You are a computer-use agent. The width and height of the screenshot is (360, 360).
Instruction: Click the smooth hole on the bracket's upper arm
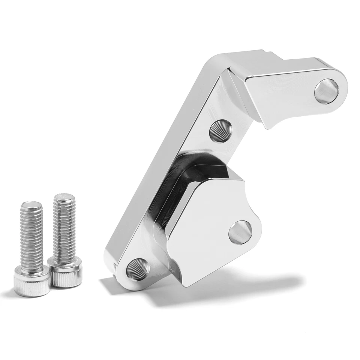[x=326, y=91]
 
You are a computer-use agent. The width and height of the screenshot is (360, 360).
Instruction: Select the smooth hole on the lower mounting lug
[x=239, y=232]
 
